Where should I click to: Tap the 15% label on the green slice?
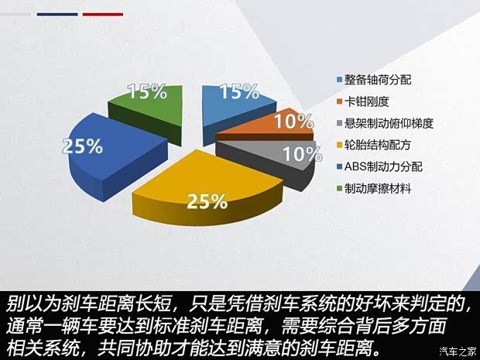coord(148,91)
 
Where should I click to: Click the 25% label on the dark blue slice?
coord(83,146)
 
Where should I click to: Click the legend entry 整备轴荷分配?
coord(377,80)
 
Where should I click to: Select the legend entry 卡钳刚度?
coord(367,101)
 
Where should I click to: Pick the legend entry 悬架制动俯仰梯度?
coord(388,122)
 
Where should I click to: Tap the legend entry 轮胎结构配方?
coord(377,144)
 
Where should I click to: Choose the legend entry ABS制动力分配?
coord(379,166)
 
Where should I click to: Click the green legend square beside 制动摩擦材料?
coord(339,187)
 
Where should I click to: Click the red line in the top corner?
coord(102,14)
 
